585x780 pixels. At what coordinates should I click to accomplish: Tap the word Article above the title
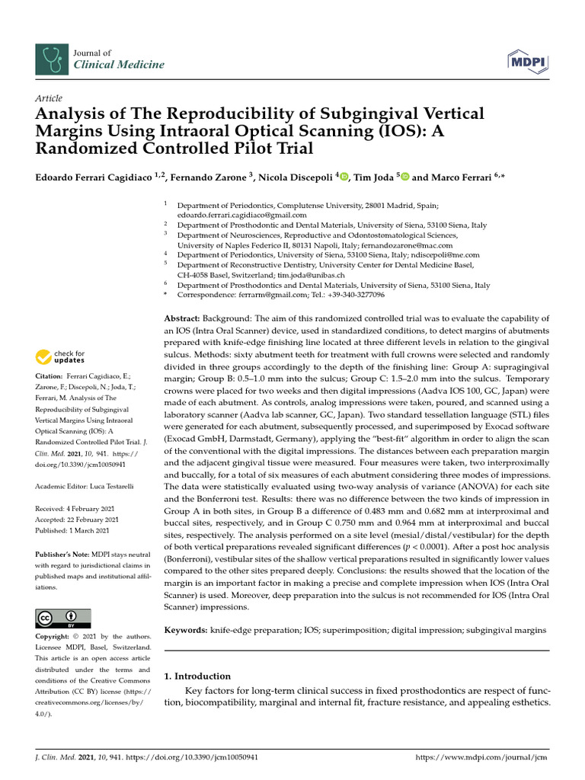(x=49, y=98)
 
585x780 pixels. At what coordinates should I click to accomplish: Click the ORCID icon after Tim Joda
(x=404, y=177)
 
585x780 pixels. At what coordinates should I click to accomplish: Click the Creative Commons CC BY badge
(x=63, y=618)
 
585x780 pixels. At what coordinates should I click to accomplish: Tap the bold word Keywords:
(x=186, y=631)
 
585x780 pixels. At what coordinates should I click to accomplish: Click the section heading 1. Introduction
(x=197, y=676)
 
